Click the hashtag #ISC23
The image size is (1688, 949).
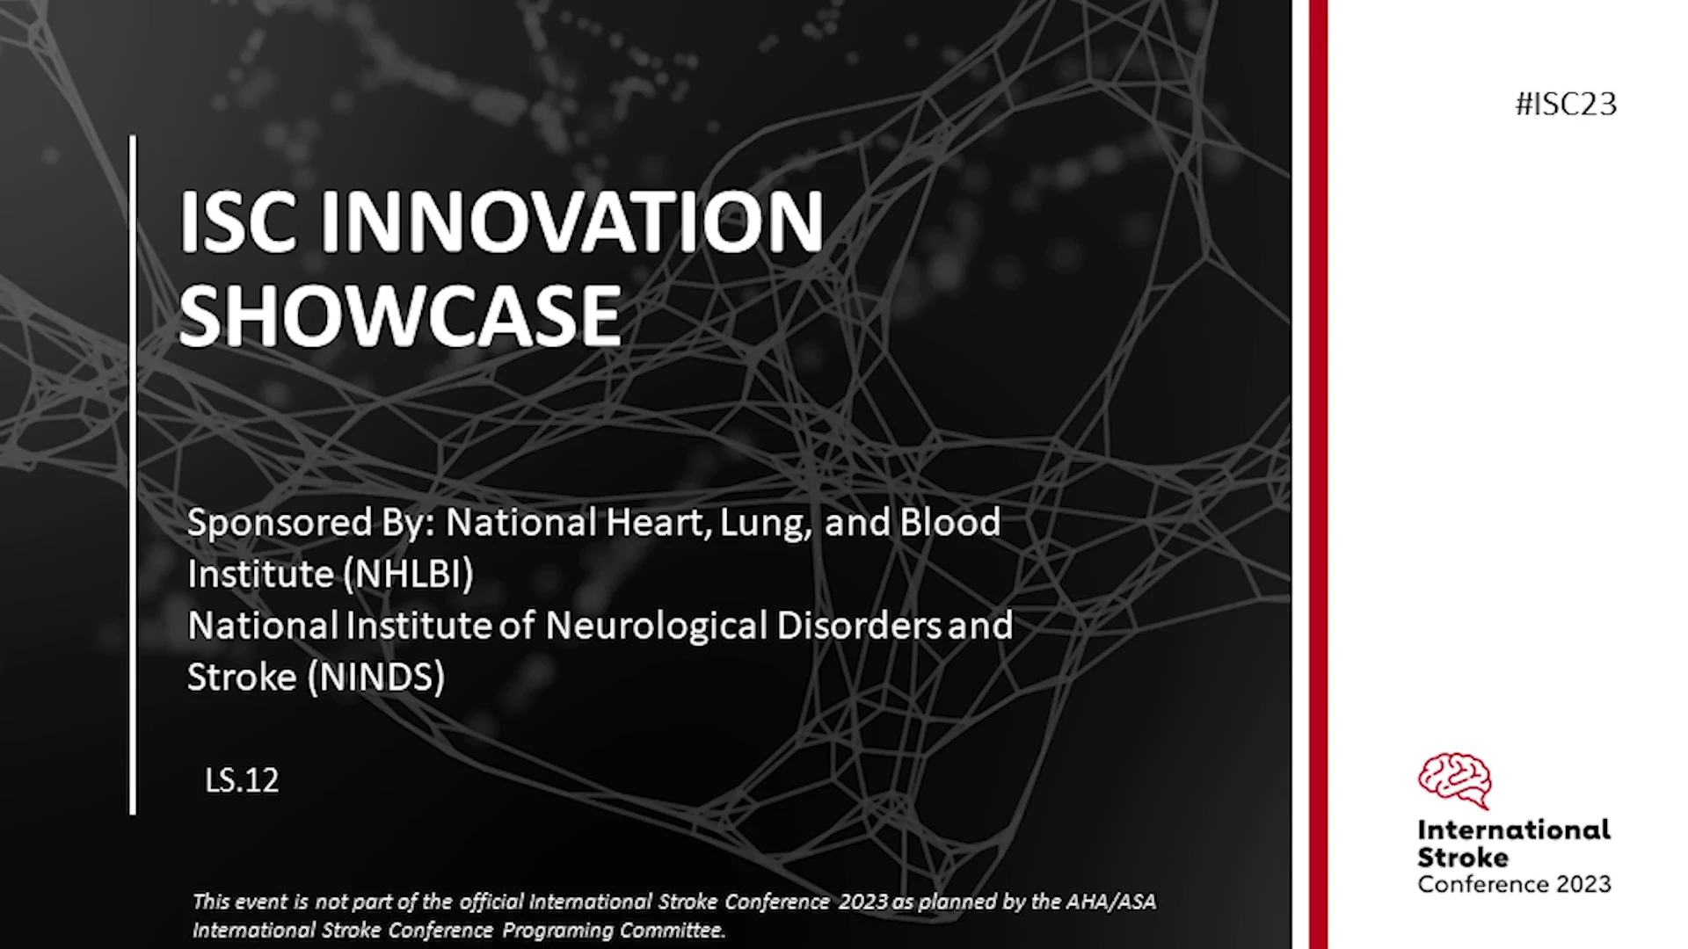[x=1566, y=104]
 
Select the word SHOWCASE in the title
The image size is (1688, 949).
[x=401, y=315]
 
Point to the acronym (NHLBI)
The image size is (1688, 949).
[x=409, y=574]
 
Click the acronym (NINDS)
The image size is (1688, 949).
[x=377, y=677]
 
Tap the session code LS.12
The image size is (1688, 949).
[x=242, y=780]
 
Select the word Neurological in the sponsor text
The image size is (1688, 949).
[x=657, y=626]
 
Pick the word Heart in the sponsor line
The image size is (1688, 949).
[x=656, y=523]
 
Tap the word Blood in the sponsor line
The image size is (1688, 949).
[x=950, y=522]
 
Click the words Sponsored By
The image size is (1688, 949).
[x=311, y=524]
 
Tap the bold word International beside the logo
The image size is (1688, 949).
[x=1514, y=830]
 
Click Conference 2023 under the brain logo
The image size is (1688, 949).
[x=1514, y=884]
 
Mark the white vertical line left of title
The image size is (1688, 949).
[x=133, y=474]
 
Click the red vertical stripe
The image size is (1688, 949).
[x=1318, y=474]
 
